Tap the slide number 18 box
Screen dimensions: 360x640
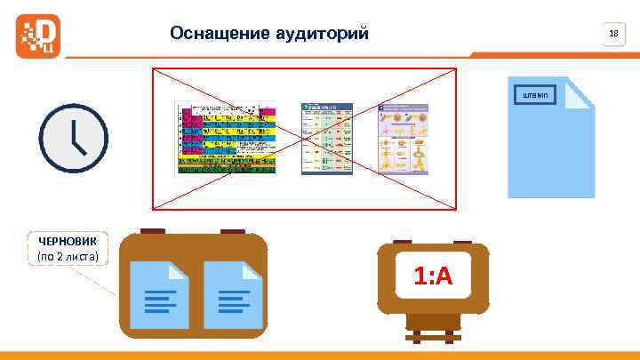[x=612, y=35]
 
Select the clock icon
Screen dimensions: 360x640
[x=73, y=139]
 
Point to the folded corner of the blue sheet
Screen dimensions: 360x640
[x=580, y=91]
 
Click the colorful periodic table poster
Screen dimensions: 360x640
[x=227, y=138]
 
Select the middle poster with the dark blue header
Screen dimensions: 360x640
[x=328, y=138]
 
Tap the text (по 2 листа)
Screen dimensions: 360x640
[x=68, y=257]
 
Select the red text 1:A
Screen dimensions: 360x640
[x=433, y=277]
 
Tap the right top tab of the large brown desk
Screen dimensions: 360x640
[x=233, y=232]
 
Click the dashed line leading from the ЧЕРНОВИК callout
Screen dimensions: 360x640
[x=100, y=282]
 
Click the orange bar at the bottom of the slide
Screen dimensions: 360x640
[x=320, y=355]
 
